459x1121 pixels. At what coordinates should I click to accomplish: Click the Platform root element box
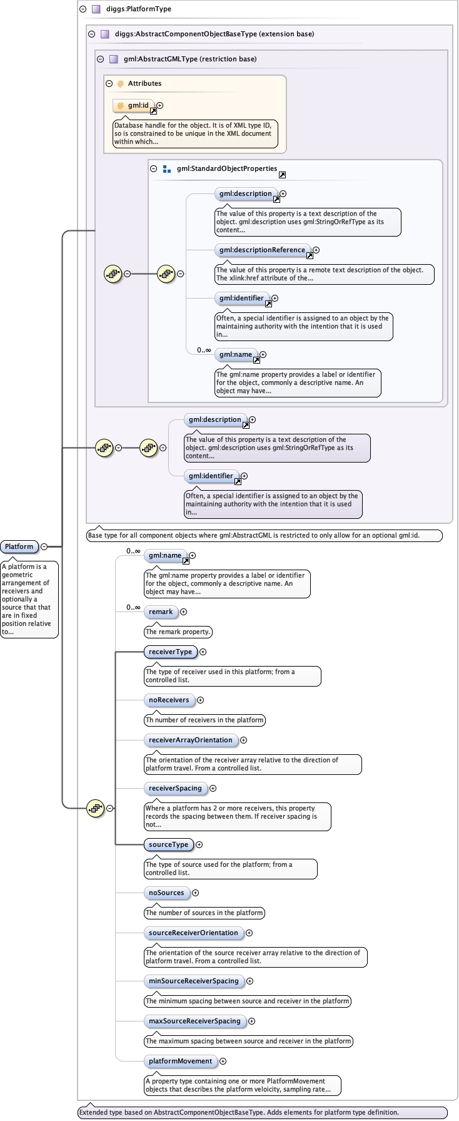pos(19,546)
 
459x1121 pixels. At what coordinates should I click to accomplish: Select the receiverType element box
pos(170,652)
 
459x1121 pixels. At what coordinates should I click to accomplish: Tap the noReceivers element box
pos(169,700)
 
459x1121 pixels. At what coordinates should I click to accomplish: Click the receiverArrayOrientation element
pos(191,740)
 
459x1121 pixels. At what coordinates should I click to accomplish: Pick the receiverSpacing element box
pos(175,788)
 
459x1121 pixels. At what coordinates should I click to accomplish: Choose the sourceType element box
pos(168,844)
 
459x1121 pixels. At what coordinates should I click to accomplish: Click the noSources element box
pos(166,893)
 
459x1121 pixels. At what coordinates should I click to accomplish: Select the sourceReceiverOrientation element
pos(193,933)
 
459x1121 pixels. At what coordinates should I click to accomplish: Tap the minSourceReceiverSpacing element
pos(193,981)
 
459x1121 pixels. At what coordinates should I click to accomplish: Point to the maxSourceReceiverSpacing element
pos(194,1021)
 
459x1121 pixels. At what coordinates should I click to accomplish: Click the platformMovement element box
pos(180,1061)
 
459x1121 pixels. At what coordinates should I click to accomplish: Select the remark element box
pos(161,612)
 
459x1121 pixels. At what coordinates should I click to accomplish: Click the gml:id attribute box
pos(134,106)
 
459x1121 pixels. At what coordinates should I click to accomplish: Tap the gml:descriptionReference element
pos(262,250)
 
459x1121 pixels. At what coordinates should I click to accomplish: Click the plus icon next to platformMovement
pos(223,1061)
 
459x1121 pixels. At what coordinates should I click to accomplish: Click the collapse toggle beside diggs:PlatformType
pos(83,9)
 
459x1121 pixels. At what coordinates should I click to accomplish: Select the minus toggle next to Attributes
pos(109,83)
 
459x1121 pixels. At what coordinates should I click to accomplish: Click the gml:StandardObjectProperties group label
pos(226,168)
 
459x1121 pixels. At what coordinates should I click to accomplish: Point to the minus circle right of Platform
pos(44,546)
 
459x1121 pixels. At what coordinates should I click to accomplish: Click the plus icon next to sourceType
pos(199,844)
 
